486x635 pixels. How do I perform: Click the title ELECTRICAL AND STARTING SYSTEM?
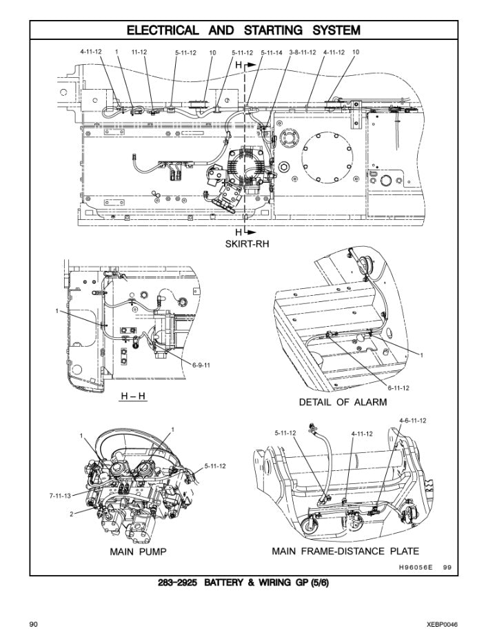pyautogui.click(x=243, y=30)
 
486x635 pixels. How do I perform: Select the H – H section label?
pyautogui.click(x=133, y=396)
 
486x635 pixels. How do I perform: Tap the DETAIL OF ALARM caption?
pyautogui.click(x=343, y=401)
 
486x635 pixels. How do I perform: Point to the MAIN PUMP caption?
pyautogui.click(x=138, y=552)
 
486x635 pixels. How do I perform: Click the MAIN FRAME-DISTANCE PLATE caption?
pyautogui.click(x=345, y=552)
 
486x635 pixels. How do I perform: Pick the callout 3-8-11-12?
pyautogui.click(x=303, y=52)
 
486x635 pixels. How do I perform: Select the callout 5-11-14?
pyautogui.click(x=271, y=52)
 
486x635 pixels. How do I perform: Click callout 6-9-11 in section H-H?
pyautogui.click(x=201, y=364)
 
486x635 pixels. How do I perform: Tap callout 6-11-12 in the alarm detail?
pyautogui.click(x=398, y=387)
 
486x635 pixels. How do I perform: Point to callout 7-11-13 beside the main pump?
pyautogui.click(x=61, y=495)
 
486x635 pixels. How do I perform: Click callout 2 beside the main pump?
pyautogui.click(x=71, y=514)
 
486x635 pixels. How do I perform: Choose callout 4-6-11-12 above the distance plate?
pyautogui.click(x=412, y=420)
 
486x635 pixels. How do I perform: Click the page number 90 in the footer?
pyautogui.click(x=32, y=624)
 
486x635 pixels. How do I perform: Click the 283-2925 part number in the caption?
pyautogui.click(x=177, y=583)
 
